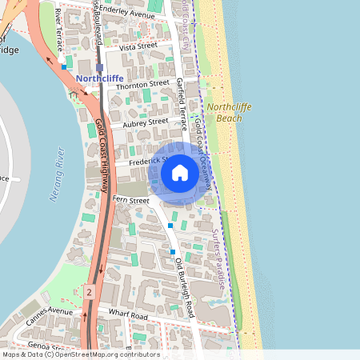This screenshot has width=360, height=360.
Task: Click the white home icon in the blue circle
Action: (x=180, y=172)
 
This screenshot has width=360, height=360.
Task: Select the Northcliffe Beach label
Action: (x=224, y=112)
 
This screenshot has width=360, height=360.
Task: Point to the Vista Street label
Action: (x=137, y=47)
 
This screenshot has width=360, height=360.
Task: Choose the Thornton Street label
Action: (x=142, y=83)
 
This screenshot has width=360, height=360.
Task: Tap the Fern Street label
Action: (x=131, y=199)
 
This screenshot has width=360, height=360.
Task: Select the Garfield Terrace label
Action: (x=182, y=104)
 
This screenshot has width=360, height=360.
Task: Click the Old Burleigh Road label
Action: (x=185, y=286)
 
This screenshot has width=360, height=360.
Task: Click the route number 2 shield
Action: (x=90, y=294)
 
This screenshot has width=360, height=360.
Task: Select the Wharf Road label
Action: (x=129, y=316)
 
